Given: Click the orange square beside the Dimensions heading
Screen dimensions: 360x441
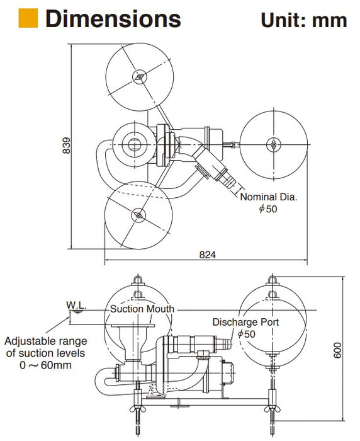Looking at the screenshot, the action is (28, 18).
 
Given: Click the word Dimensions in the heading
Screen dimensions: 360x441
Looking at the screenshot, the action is (113, 18).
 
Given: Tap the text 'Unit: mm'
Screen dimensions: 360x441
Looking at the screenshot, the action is (304, 20).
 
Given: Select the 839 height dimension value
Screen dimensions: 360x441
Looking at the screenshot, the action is (66, 145).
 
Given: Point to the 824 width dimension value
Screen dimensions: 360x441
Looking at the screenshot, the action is (208, 255).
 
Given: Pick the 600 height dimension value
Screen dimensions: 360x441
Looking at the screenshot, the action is (337, 350).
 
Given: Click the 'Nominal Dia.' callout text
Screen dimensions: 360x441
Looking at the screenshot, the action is (268, 197).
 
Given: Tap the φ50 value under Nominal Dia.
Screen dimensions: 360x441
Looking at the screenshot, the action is (268, 209).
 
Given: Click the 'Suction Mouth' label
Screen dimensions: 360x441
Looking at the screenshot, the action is (142, 309).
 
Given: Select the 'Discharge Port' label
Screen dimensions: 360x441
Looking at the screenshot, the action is (245, 322).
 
